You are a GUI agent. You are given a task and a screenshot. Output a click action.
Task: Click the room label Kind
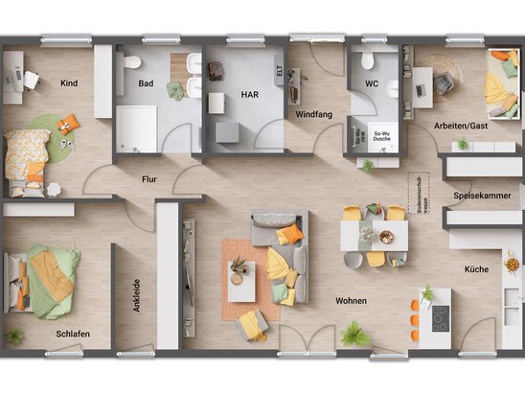(68, 82)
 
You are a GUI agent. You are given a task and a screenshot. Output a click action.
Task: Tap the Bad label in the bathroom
(146, 83)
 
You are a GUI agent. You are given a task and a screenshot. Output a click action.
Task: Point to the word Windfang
(313, 114)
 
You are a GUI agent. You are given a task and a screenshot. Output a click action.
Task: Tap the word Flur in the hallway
(149, 178)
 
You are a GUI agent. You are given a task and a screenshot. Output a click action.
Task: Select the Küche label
(477, 269)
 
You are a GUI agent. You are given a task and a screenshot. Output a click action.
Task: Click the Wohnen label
(351, 301)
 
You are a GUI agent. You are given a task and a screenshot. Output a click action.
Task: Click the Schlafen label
(73, 334)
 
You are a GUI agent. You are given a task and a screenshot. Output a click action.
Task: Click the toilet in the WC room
(365, 60)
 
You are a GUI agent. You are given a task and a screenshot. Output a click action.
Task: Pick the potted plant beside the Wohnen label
(354, 335)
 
